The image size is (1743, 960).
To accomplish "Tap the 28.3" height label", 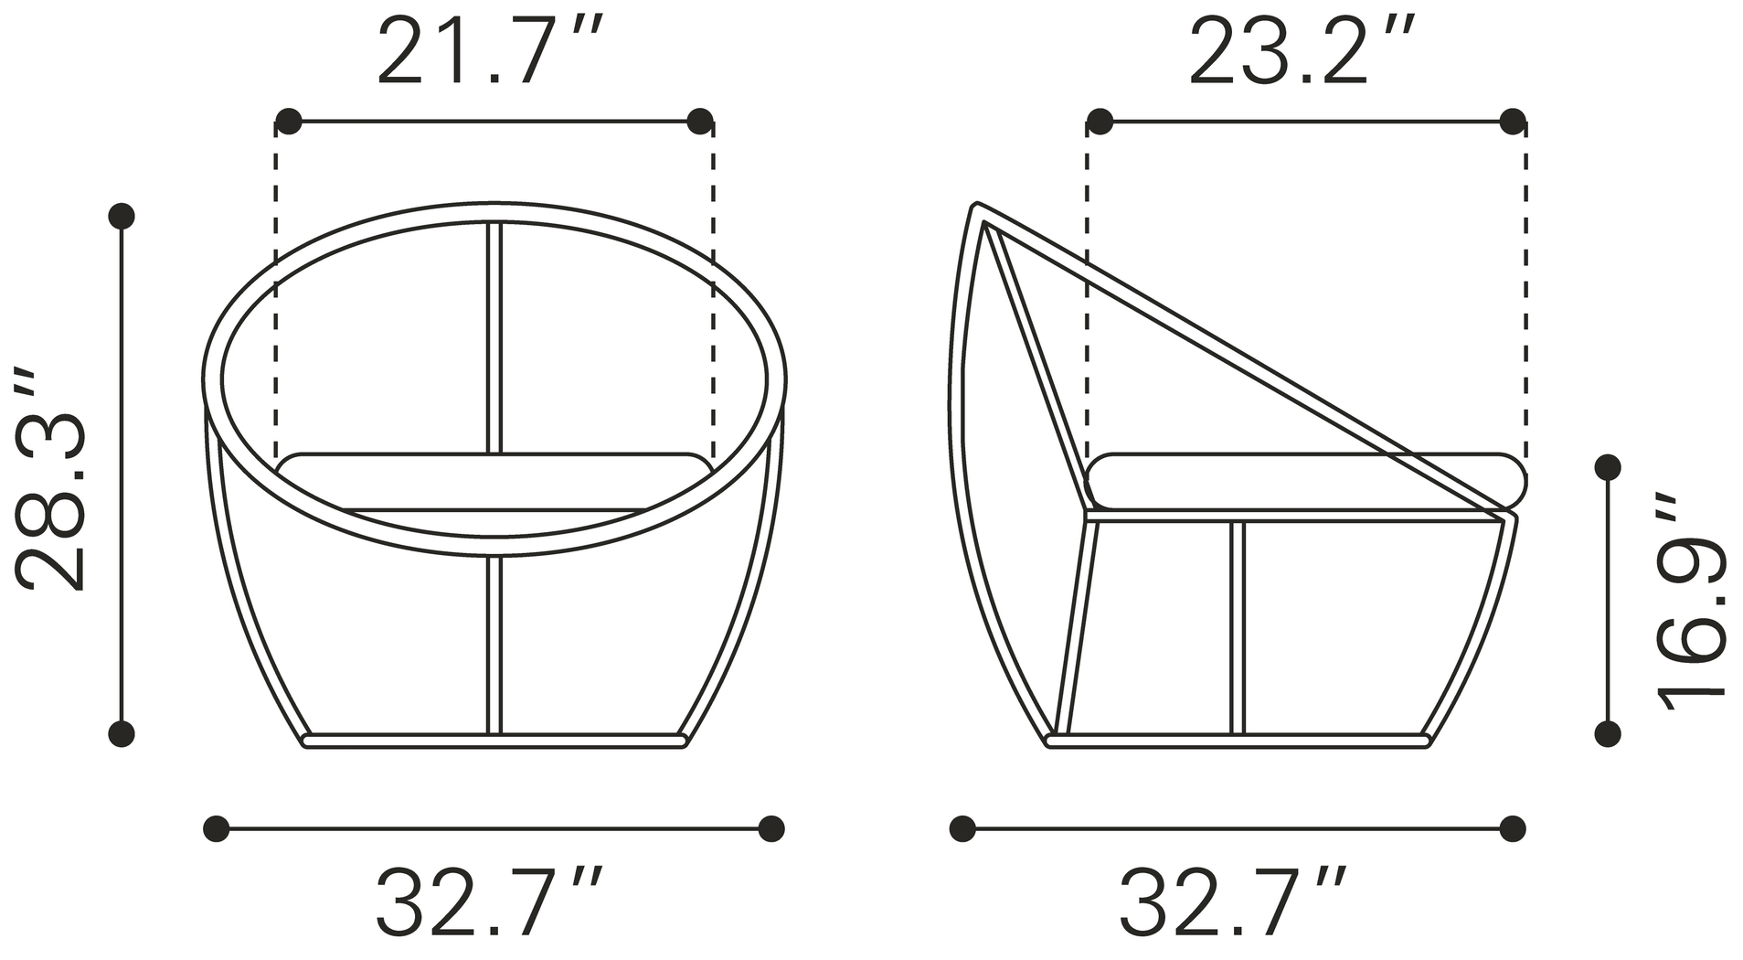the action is coord(52,480).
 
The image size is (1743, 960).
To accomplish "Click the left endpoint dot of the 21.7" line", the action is coord(288,121).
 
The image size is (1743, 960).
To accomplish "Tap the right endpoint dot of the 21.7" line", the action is coord(700,121).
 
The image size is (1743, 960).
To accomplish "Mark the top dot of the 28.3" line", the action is coord(122,216).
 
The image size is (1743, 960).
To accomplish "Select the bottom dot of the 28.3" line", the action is coord(122,733).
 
